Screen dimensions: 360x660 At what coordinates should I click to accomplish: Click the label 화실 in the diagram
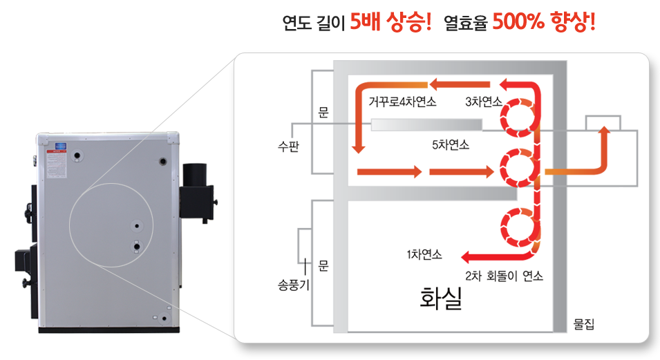tap(441, 298)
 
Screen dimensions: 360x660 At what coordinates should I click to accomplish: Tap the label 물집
tap(583, 323)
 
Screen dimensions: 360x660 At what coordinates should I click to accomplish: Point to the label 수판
tap(287, 146)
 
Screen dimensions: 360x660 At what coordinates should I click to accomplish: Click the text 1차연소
tap(424, 254)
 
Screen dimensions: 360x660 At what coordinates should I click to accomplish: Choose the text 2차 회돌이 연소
tap(504, 276)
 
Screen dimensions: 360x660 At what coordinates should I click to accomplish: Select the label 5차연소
tap(450, 144)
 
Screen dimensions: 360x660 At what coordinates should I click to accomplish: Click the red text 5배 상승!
tap(390, 23)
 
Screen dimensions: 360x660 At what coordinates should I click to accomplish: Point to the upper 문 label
tap(323, 111)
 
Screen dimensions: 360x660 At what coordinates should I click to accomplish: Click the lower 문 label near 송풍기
tap(323, 265)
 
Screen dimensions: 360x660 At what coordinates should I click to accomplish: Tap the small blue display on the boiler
tap(61, 146)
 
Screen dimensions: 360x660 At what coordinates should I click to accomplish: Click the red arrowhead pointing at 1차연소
tap(464, 256)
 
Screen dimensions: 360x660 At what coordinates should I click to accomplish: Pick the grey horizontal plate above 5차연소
tap(426, 124)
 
